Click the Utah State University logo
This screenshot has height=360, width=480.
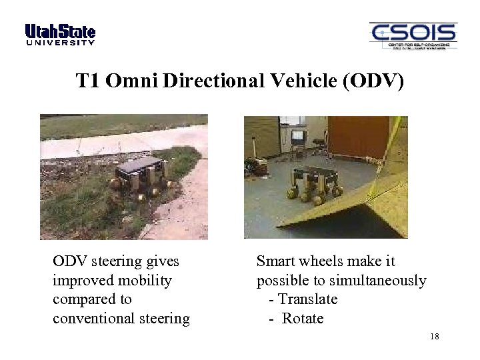(x=60, y=34)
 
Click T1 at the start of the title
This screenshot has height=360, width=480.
(x=87, y=81)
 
